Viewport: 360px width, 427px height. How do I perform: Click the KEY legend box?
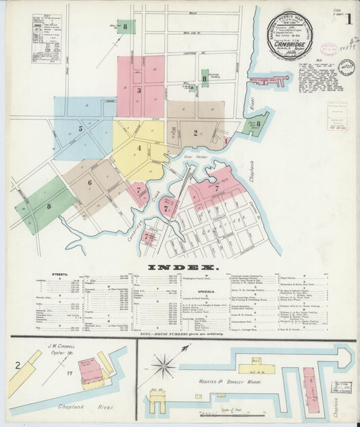pyautogui.click(x=45, y=39)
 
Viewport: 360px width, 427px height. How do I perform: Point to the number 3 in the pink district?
pyautogui.click(x=138, y=90)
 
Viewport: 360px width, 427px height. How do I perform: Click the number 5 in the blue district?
pyautogui.click(x=80, y=128)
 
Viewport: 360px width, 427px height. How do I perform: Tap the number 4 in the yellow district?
pyautogui.click(x=139, y=148)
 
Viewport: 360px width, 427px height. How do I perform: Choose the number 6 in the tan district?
pyautogui.click(x=88, y=182)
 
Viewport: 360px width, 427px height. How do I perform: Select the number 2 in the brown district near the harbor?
pyautogui.click(x=195, y=132)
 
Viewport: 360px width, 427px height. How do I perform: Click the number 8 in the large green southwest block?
pyautogui.click(x=48, y=206)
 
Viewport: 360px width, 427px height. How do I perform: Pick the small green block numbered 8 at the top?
pyautogui.click(x=126, y=26)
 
